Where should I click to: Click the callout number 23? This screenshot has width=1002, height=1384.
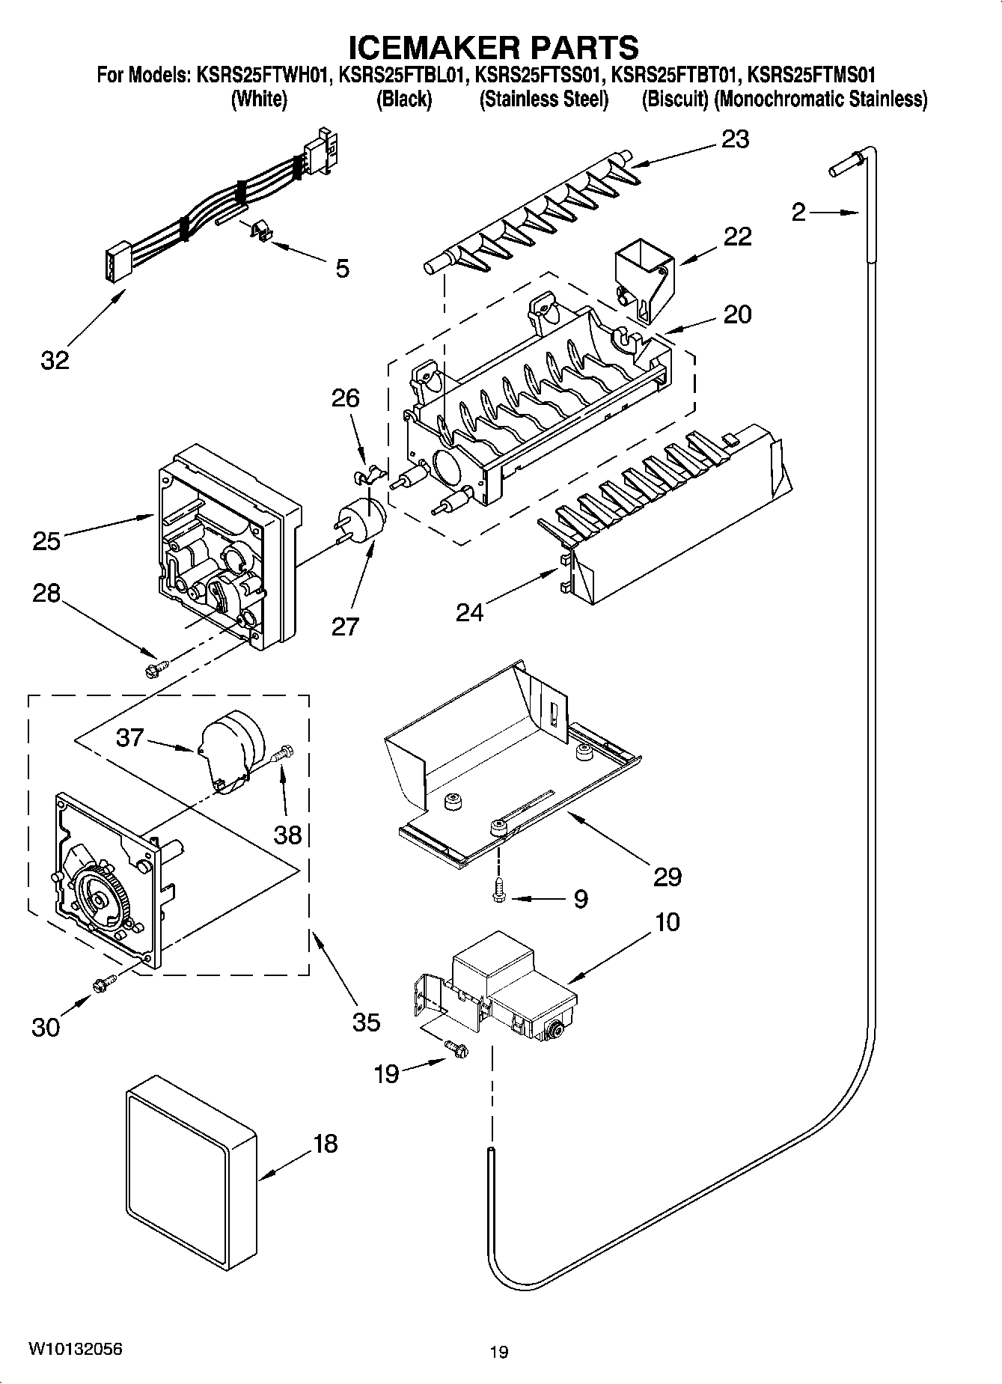734,139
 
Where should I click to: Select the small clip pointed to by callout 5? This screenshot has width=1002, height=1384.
259,232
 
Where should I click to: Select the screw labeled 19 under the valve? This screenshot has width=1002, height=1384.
455,1049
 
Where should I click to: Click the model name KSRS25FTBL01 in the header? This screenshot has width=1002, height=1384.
403,75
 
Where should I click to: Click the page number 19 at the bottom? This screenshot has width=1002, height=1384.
499,1352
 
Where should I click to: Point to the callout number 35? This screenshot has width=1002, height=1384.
366,1021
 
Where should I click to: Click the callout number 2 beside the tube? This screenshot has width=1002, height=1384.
798,213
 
